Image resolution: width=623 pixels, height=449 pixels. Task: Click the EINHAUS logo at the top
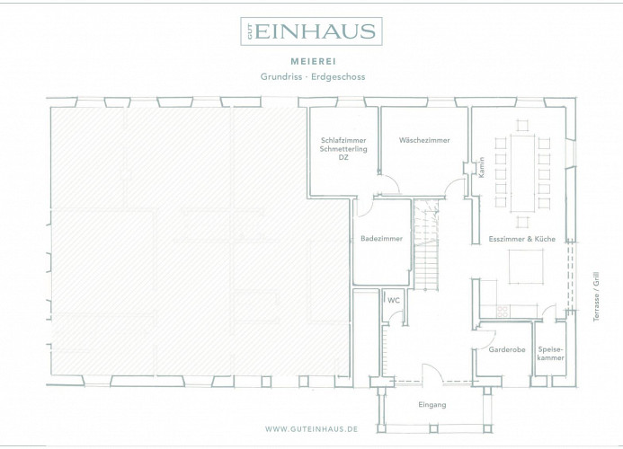pyautogui.click(x=311, y=31)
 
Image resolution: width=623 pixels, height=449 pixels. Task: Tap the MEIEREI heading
pyautogui.click(x=314, y=62)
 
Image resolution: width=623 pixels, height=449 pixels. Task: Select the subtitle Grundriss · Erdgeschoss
pyautogui.click(x=313, y=76)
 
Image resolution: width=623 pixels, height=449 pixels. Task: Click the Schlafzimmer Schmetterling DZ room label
pyautogui.click(x=343, y=149)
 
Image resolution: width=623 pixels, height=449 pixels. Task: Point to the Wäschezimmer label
pyautogui.click(x=424, y=140)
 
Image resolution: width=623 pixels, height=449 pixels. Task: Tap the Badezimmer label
pyautogui.click(x=381, y=239)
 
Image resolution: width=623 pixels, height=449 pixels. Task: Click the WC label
pyautogui.click(x=394, y=301)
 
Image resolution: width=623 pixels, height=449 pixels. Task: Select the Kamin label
pyautogui.click(x=482, y=167)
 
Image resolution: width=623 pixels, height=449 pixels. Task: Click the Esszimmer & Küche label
pyautogui.click(x=522, y=239)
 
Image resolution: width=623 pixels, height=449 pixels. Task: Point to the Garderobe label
pyautogui.click(x=507, y=349)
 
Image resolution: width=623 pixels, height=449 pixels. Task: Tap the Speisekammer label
pyautogui.click(x=551, y=354)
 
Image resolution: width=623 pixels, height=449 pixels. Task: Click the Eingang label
pyautogui.click(x=432, y=405)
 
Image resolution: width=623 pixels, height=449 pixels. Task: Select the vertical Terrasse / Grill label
pyautogui.click(x=596, y=296)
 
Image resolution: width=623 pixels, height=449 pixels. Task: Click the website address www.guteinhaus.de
pyautogui.click(x=311, y=429)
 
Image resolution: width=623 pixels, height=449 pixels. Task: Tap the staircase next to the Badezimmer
pyautogui.click(x=426, y=245)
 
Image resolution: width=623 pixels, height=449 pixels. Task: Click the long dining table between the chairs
pyautogui.click(x=523, y=173)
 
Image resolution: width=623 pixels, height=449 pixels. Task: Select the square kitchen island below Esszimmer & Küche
pyautogui.click(x=526, y=267)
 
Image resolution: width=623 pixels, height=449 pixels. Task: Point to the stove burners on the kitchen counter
pyautogui.click(x=503, y=312)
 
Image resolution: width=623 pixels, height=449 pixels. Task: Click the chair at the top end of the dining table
pyautogui.click(x=523, y=126)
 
